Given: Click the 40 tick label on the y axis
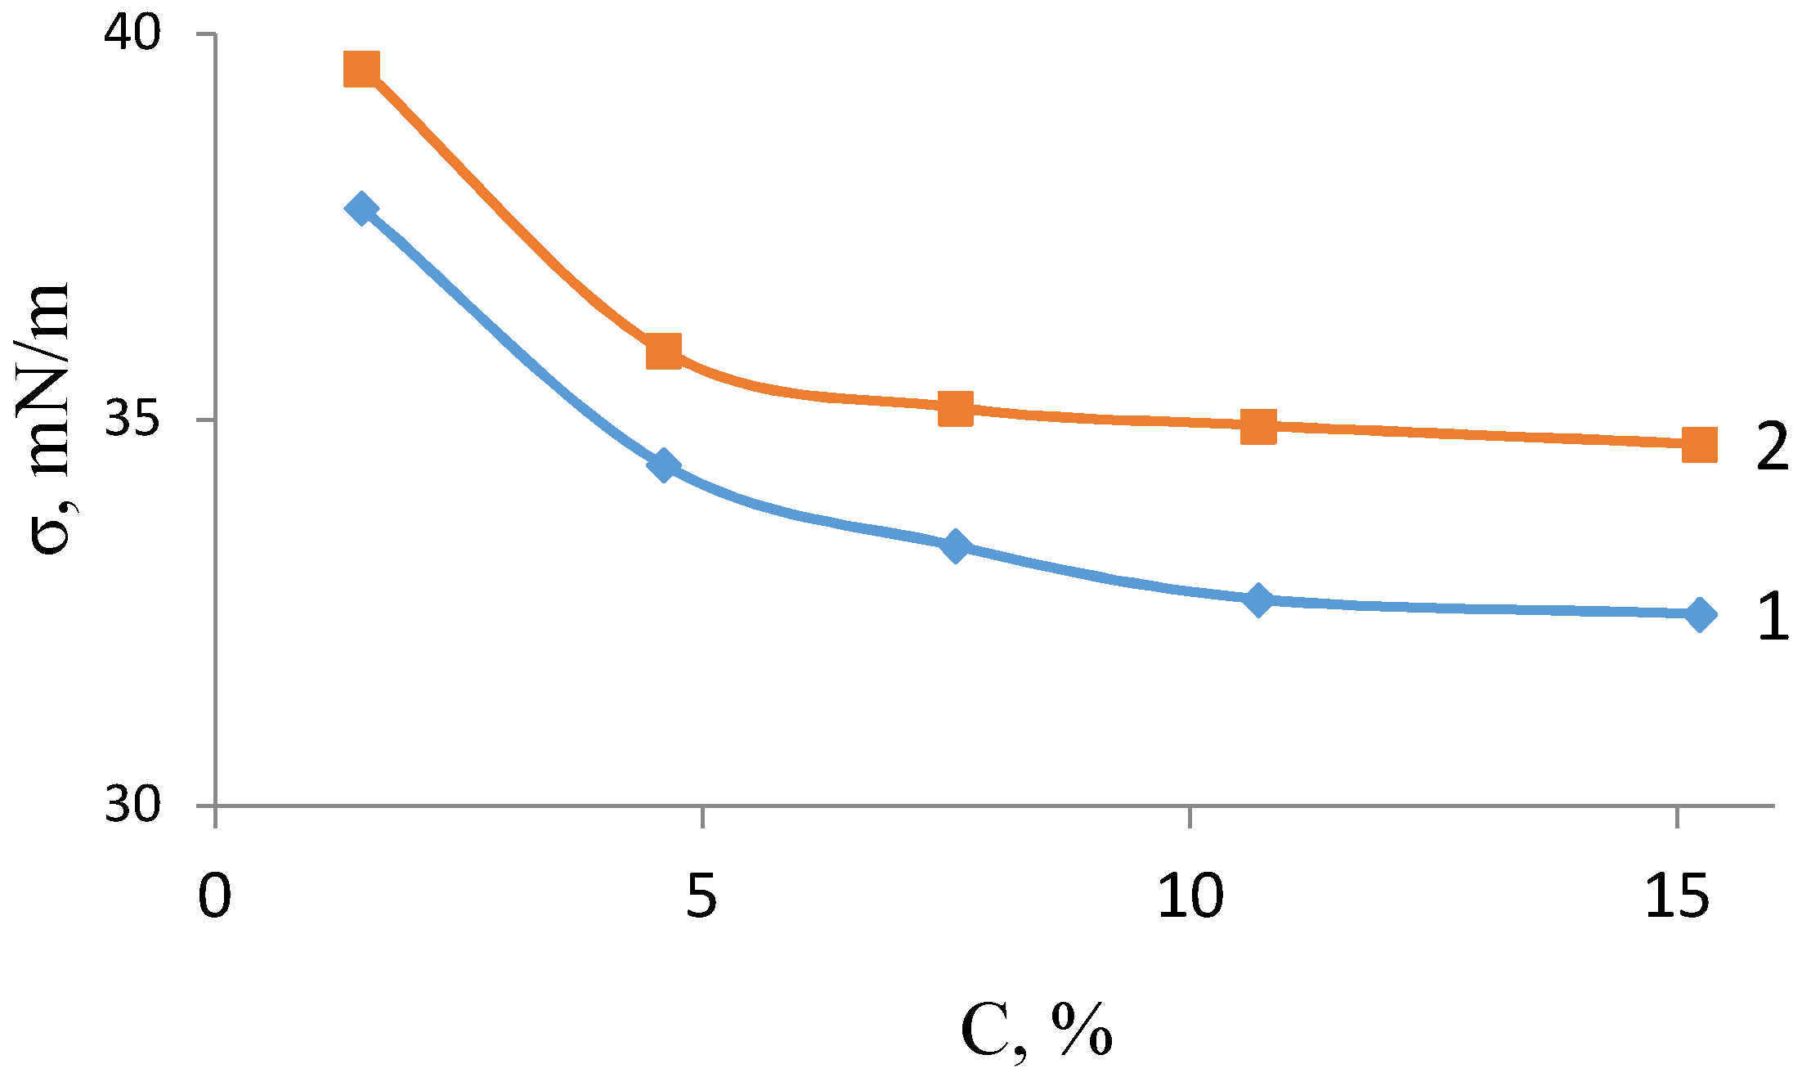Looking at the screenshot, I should coord(132,34).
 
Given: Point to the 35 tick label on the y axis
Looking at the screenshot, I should coord(132,420).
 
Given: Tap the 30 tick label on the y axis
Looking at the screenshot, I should coord(132,806).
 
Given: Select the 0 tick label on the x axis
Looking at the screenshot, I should coord(215,896).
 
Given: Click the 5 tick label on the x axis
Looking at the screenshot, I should coord(702,896).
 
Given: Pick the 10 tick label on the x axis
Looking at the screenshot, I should coord(1189,896).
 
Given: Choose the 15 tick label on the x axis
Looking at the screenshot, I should coord(1676,896).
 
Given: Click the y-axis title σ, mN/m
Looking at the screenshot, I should coord(51,419).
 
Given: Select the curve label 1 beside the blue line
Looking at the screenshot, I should coord(1772,617).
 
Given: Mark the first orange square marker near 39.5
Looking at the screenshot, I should coord(361,69).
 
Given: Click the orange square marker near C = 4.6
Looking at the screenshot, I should coord(663,351).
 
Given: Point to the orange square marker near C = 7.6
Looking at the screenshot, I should coord(955,408).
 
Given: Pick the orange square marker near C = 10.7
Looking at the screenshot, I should coord(1257,427).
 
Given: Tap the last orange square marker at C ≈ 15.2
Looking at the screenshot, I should coord(1699,445).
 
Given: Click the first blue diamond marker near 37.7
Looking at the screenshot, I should coord(361,209).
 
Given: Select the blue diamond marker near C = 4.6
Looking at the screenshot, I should coord(663,465).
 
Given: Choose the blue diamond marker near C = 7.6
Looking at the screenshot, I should coord(955,545).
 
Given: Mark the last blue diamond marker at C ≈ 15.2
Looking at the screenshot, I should coord(1699,614).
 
